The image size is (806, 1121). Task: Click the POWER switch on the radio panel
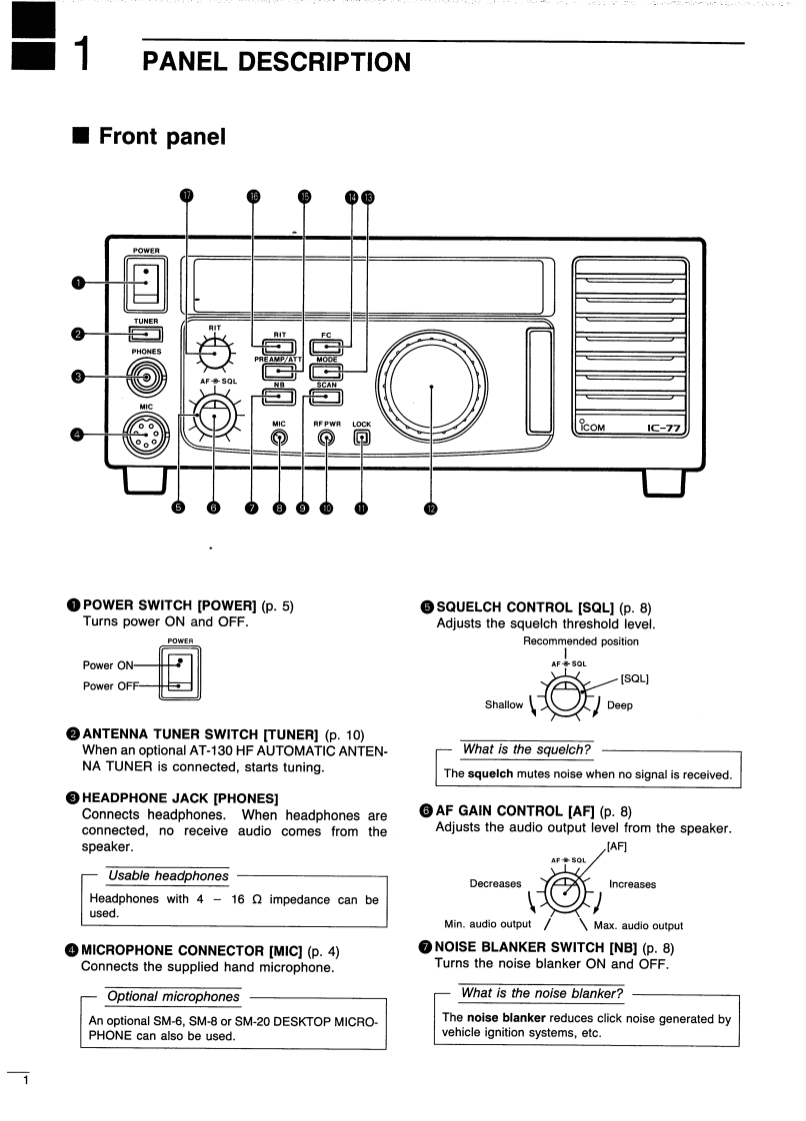(x=146, y=283)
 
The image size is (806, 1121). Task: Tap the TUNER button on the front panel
(x=146, y=334)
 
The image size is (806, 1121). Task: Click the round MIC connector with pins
(x=147, y=434)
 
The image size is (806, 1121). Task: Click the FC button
(x=326, y=347)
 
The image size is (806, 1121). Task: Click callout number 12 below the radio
(x=431, y=509)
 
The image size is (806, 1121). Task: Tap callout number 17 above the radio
(x=186, y=197)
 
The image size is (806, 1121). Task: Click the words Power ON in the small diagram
(x=106, y=664)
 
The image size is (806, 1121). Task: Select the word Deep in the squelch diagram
(x=620, y=704)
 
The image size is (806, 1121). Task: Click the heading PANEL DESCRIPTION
(x=277, y=62)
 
